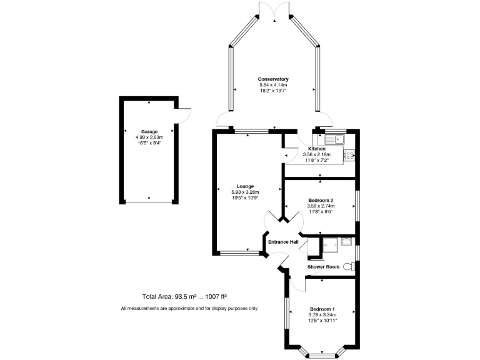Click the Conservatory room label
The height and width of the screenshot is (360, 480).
point(273,79)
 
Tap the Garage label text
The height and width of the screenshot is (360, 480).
point(149,132)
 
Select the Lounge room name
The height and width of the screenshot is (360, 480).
point(245,186)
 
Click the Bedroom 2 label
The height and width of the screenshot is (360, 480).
point(321,200)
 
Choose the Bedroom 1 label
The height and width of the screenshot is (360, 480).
point(323,309)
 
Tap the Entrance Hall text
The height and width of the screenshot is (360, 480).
point(283,242)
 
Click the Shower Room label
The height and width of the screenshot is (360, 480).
point(323,267)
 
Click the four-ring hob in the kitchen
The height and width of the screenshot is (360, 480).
point(349,153)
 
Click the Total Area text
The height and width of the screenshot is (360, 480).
point(184,296)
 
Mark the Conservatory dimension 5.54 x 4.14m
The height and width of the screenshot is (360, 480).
point(273,85)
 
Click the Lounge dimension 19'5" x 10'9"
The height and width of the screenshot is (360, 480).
point(245,197)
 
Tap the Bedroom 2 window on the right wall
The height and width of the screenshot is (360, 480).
point(358,205)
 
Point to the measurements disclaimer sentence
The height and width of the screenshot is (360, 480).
point(189,309)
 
